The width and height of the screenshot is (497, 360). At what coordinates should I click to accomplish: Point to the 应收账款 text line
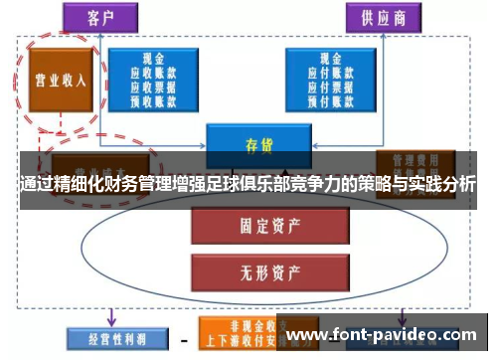point(154,73)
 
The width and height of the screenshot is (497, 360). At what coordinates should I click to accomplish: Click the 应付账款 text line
point(332,73)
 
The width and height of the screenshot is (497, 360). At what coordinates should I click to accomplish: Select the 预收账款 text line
point(154,98)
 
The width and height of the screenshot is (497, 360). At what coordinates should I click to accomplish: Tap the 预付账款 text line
point(332,98)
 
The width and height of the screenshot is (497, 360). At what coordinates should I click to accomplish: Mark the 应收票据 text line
point(154,86)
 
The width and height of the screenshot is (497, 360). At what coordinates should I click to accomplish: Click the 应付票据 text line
point(332,86)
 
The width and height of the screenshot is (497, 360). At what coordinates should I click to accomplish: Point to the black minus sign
point(183,338)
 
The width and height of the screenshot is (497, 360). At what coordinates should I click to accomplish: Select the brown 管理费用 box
point(410,159)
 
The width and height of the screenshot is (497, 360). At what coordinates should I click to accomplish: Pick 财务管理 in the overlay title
point(128,185)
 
